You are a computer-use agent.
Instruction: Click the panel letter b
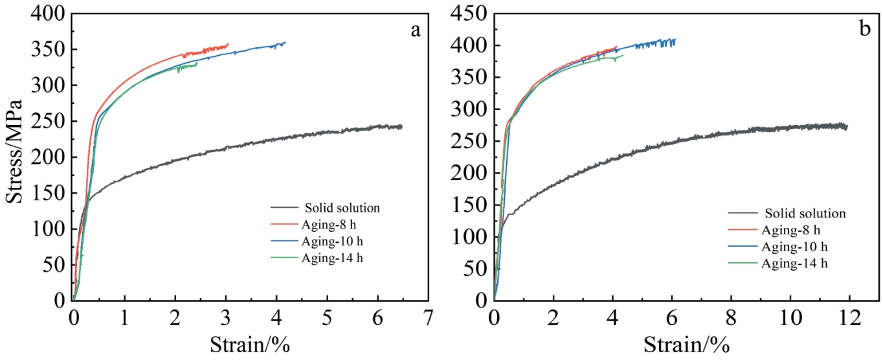pos(864,30)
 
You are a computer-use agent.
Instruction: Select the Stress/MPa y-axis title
pos(15,152)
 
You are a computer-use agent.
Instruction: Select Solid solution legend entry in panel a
pos(342,208)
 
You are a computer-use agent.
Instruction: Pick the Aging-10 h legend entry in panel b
pos(794,247)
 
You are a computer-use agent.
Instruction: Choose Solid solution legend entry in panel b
pos(805,213)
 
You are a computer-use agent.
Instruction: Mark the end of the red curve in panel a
pos(229,44)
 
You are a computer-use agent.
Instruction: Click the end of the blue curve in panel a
pos(285,43)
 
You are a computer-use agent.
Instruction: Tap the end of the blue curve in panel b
pos(675,39)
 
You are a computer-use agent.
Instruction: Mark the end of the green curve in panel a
pos(197,63)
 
